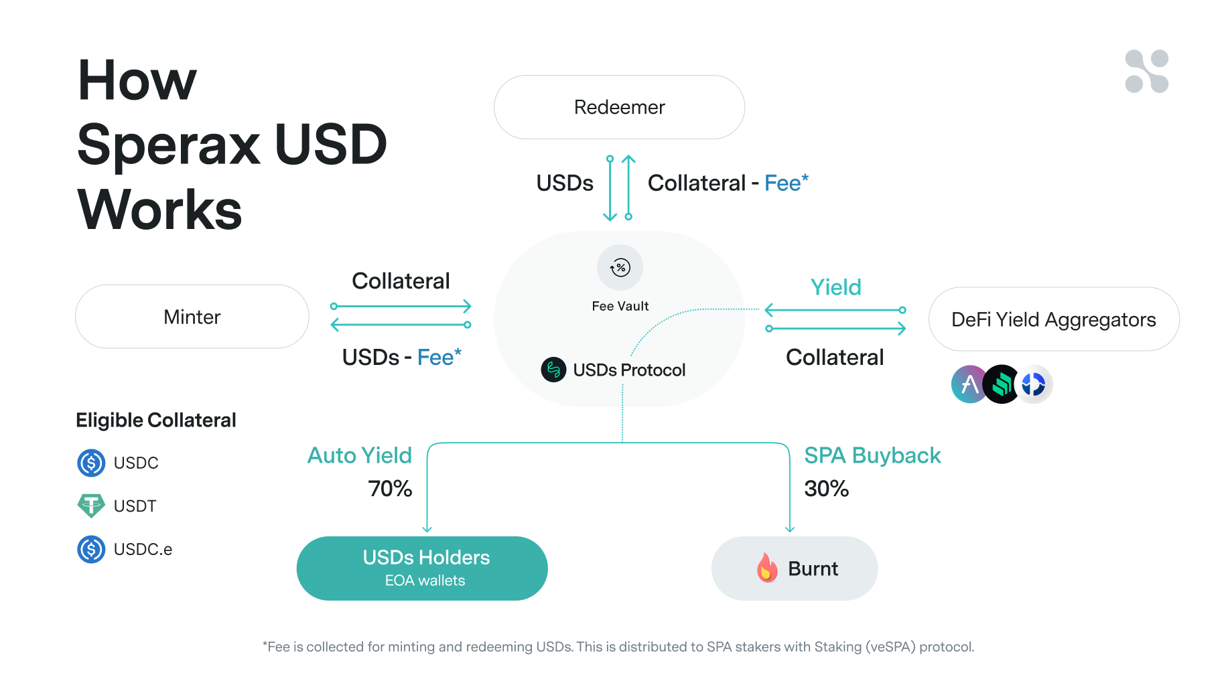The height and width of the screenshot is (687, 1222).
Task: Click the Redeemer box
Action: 619,107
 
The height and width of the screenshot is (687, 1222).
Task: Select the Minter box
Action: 192,317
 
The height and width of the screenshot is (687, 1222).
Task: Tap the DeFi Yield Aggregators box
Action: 1053,319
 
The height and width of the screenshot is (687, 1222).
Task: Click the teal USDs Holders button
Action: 422,568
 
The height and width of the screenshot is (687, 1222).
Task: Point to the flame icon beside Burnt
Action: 767,568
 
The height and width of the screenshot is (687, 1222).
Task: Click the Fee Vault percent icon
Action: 620,268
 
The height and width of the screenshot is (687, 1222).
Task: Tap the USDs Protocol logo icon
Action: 553,370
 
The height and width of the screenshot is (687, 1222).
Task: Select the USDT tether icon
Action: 91,506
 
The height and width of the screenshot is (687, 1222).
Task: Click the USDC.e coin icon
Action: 91,549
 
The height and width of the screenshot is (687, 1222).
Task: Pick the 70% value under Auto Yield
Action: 390,489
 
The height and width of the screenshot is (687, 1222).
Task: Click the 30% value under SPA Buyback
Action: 826,489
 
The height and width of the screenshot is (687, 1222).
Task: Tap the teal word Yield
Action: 835,287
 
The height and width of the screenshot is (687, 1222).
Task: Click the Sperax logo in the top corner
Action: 1146,71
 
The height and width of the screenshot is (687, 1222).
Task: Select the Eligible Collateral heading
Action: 155,420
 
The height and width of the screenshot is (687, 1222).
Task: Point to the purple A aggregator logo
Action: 968,384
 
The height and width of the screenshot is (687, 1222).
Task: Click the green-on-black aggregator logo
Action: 1002,384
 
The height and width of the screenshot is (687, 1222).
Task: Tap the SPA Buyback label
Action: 872,455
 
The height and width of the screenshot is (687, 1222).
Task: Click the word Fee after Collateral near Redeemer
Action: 783,183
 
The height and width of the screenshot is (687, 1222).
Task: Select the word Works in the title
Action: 159,210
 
